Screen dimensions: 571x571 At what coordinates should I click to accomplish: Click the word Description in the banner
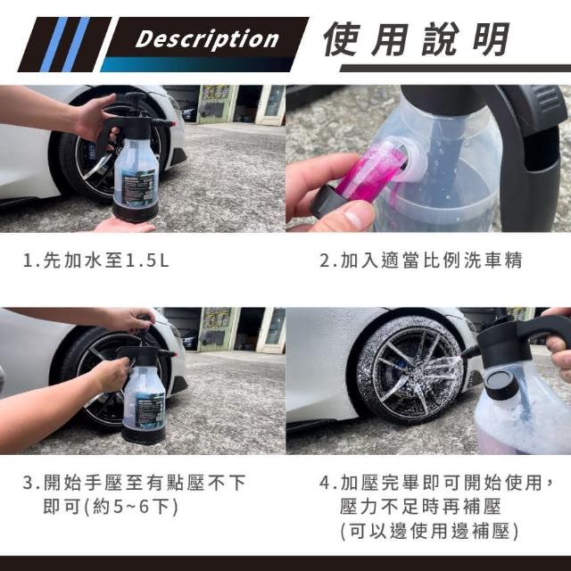point(207,39)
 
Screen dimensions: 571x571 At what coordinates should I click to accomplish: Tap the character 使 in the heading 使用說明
point(342,39)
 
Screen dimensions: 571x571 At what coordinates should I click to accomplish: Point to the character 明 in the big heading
point(491,39)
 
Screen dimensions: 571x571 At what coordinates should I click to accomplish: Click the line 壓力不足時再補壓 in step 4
point(420,507)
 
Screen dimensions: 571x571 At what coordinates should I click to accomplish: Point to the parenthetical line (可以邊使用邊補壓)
point(429,531)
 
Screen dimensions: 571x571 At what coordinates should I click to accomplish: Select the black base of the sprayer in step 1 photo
point(135,211)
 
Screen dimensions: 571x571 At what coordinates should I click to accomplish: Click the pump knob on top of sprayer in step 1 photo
point(134,96)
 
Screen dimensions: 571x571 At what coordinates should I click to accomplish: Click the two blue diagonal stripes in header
point(65,45)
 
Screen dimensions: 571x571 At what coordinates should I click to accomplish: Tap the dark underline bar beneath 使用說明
point(455,68)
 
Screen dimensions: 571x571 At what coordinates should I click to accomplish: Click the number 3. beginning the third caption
point(31,483)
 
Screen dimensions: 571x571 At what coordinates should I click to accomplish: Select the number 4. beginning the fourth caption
point(328,483)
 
